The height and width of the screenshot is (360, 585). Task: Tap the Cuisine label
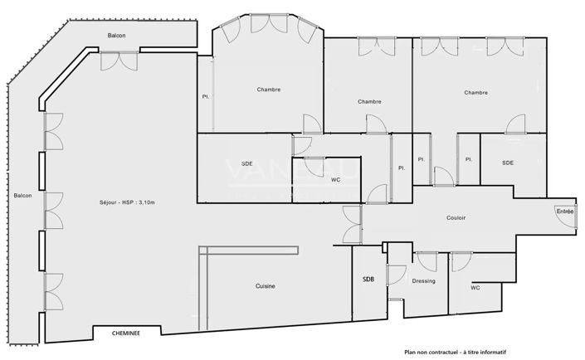click(265, 286)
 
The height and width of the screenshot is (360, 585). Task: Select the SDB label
click(368, 280)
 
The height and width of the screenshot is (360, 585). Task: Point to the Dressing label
click(424, 281)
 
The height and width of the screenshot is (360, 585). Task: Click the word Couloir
click(456, 218)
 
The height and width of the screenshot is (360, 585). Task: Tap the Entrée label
click(563, 212)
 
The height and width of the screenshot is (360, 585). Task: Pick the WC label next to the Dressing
click(475, 288)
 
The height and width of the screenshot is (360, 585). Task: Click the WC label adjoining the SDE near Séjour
click(335, 180)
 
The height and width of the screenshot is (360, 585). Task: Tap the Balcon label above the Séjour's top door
click(117, 35)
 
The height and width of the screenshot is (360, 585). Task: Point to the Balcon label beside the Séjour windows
click(22, 196)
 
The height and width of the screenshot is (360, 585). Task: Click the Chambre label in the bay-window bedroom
click(268, 90)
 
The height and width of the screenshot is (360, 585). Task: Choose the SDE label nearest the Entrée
click(508, 163)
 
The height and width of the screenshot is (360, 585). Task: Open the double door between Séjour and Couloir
click(352, 223)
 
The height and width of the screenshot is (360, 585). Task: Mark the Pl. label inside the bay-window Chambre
click(205, 96)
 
